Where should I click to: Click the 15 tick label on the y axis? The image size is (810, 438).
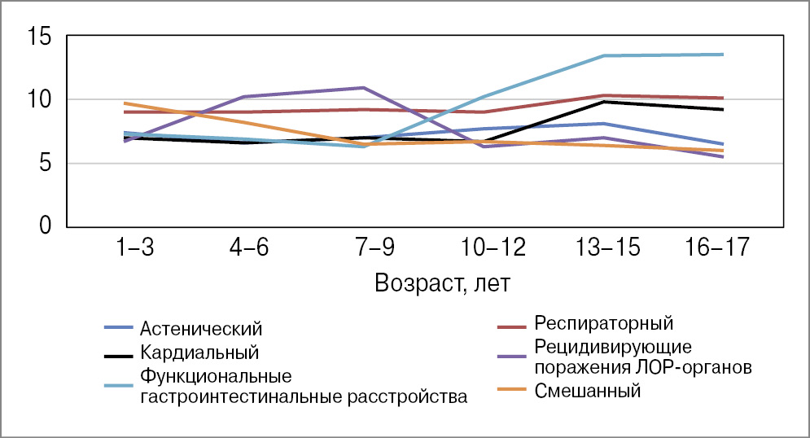point(38,37)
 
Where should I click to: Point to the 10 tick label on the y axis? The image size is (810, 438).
point(38,100)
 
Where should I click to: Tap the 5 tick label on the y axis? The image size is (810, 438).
point(45,163)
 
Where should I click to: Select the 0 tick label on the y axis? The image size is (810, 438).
point(45,226)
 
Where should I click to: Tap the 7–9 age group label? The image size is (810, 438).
point(363,247)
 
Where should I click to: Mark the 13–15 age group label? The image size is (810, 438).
point(602,247)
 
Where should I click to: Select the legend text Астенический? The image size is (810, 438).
point(201,329)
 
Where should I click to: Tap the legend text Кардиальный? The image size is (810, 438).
point(199,353)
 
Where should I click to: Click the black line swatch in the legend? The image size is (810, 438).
point(120,354)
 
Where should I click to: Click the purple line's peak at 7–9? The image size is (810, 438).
point(363,87)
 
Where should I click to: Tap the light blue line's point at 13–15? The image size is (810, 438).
point(602,55)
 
